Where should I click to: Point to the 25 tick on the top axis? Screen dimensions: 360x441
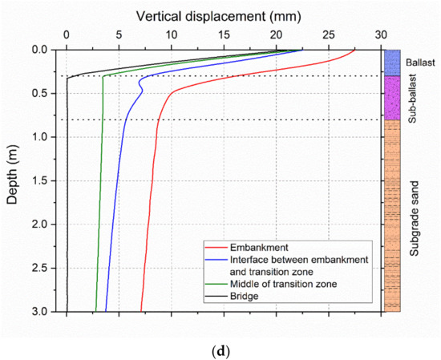coord(328,35)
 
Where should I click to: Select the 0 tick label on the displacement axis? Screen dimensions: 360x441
coord(67,35)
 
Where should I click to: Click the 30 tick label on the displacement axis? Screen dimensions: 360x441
coord(380,35)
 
